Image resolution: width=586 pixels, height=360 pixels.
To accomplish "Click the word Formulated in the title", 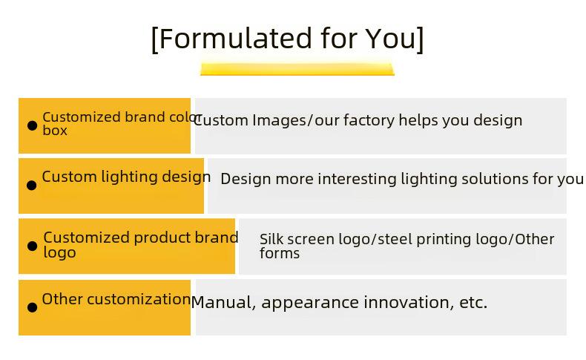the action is click(x=235, y=38).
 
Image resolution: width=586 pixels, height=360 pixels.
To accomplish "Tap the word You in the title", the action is click(x=390, y=38).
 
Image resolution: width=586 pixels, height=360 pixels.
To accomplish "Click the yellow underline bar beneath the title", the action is click(x=297, y=68).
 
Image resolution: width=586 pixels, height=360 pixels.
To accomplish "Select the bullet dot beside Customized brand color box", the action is click(x=33, y=125).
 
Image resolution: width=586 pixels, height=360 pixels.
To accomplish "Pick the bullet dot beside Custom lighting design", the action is click(x=32, y=185).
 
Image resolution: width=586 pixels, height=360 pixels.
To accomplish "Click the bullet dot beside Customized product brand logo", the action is click(x=33, y=246).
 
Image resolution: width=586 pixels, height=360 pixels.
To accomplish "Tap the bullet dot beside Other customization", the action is click(x=33, y=307).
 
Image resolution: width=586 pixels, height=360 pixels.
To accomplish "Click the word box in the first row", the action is click(x=55, y=131).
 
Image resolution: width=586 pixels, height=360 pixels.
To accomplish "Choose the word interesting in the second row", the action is click(x=357, y=179).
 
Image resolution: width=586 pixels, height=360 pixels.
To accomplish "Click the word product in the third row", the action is click(x=162, y=238).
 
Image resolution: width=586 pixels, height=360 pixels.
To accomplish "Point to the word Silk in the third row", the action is click(x=271, y=239).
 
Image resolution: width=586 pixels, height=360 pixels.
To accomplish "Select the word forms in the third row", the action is click(x=280, y=253).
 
